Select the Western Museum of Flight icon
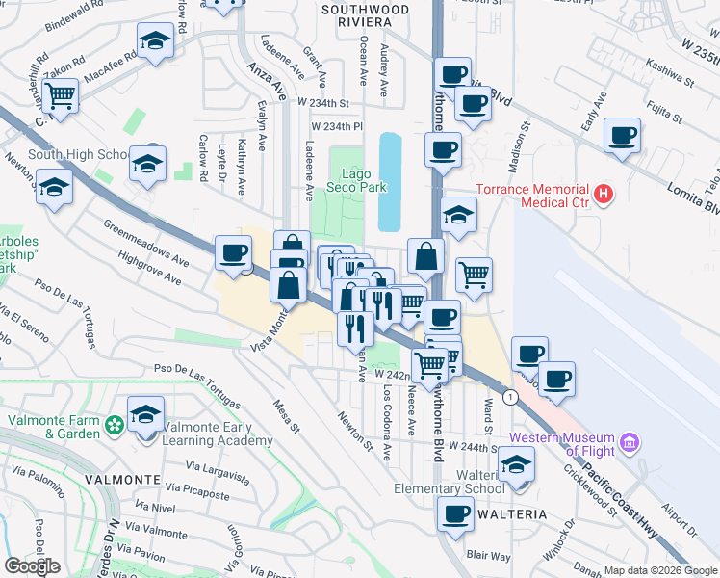pos(631,443)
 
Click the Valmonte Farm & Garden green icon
pos(115,423)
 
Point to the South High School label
pos(78,154)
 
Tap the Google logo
pos(32,566)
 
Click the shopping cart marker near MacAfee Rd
pos(61,96)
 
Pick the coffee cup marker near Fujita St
pos(622,135)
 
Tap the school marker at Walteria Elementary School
pos(517,466)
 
